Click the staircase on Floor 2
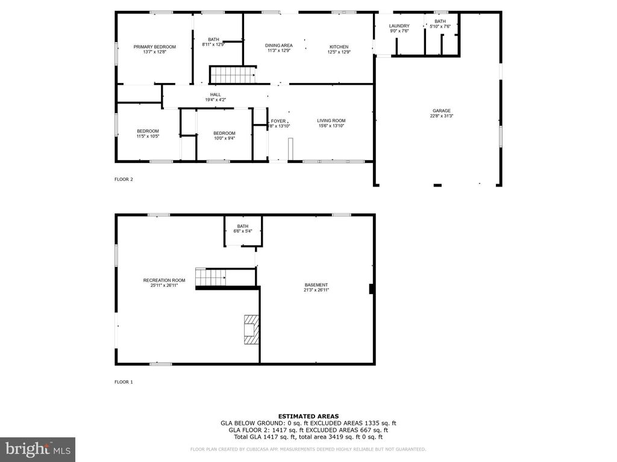232,75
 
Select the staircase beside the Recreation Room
210,277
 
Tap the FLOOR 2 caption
124,179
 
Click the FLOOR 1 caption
124,382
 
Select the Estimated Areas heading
308,416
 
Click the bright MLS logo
37,449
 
